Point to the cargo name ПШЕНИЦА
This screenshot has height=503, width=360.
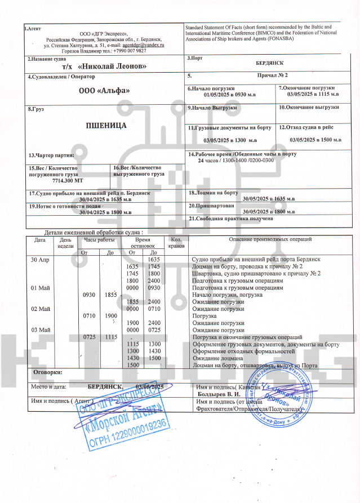(106, 125)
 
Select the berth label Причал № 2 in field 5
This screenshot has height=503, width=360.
(272, 75)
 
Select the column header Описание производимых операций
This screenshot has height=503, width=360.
(270, 240)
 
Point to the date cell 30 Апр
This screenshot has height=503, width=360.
(39, 259)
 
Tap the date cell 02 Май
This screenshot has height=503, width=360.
(41, 309)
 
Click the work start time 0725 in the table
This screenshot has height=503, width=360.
(91, 336)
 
